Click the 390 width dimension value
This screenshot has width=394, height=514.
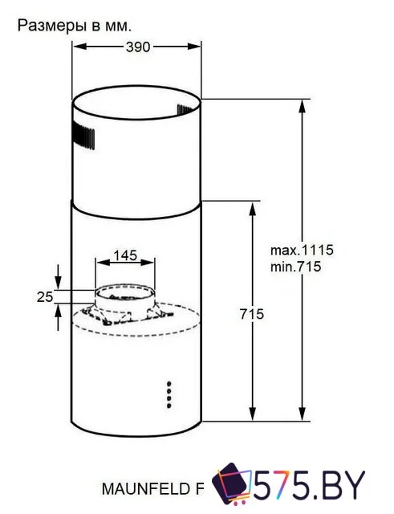point(138,47)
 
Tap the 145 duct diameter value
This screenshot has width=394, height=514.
point(124,255)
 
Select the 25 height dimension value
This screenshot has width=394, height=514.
point(45,297)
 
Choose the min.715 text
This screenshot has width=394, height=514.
point(295,267)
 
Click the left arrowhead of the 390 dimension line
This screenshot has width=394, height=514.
point(78,47)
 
